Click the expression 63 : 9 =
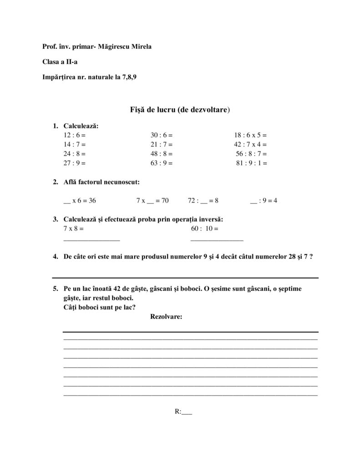click(162, 163)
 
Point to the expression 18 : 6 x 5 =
click(250, 135)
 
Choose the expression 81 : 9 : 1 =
click(251, 163)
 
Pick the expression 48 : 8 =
click(162, 154)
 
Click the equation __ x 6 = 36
click(80, 200)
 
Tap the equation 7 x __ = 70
click(152, 200)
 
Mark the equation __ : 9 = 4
click(264, 200)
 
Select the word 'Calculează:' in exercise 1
click(81, 126)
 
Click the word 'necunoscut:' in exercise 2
click(122, 182)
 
